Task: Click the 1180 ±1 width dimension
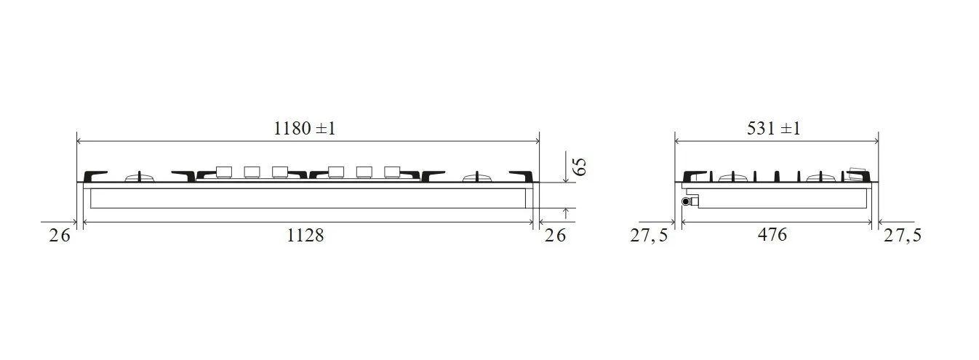[x=304, y=129]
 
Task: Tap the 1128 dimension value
[x=305, y=236]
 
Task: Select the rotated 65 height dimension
[x=580, y=167]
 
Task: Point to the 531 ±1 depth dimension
[x=774, y=129]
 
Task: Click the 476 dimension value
[x=772, y=235]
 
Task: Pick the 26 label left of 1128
[x=60, y=236]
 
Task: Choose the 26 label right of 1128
[x=555, y=236]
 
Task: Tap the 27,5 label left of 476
[x=649, y=236]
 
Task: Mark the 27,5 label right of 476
[x=903, y=236]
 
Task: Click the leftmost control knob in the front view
[x=224, y=172]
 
